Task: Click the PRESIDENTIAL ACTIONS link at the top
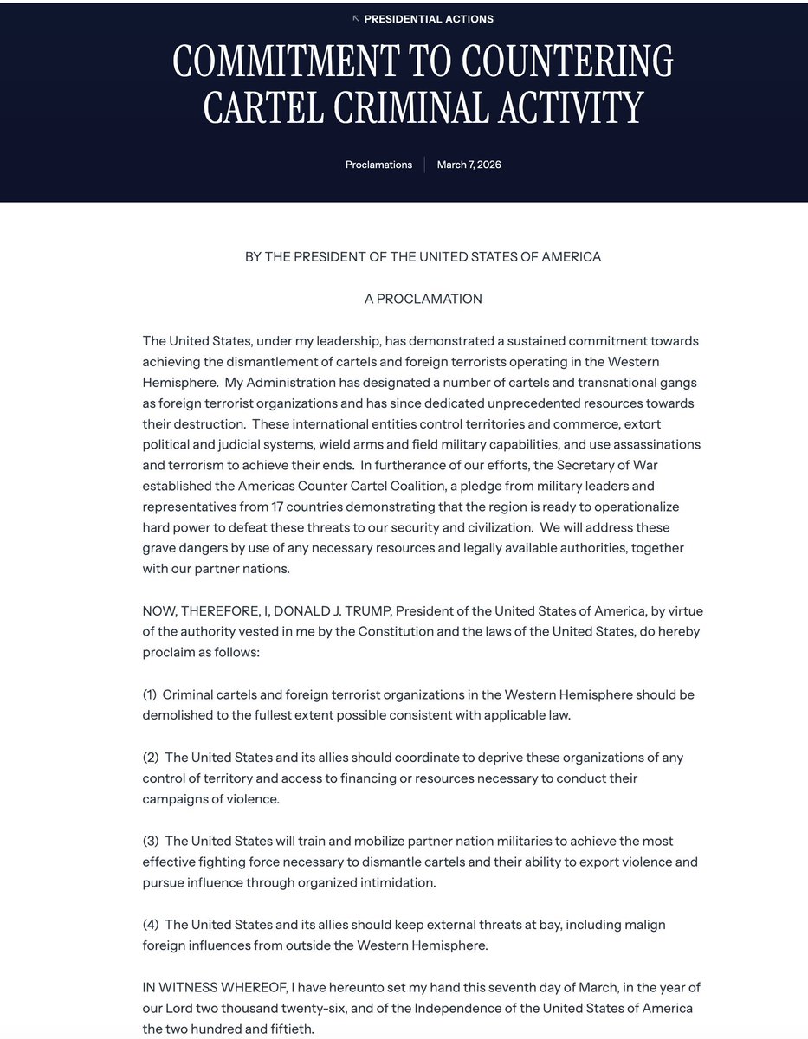click(429, 18)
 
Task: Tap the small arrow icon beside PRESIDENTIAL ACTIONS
click(355, 18)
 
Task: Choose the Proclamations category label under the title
click(378, 165)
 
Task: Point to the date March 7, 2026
click(469, 165)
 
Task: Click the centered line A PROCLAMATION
click(423, 299)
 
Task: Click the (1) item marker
click(151, 694)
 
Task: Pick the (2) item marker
click(151, 758)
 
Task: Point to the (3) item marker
click(151, 841)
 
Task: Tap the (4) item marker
click(151, 925)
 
